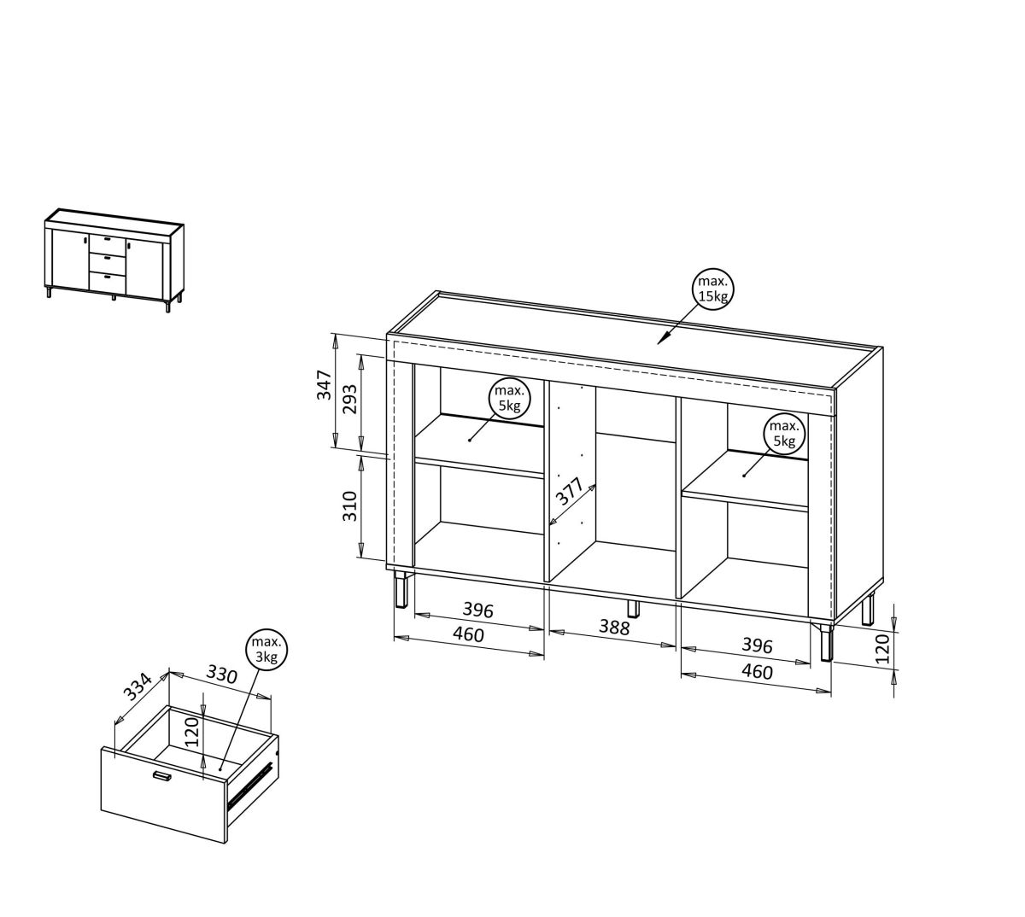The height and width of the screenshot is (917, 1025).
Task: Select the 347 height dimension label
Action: pos(324,385)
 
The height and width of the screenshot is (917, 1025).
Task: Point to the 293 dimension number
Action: pos(349,399)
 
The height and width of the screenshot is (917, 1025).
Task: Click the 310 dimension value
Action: pos(349,505)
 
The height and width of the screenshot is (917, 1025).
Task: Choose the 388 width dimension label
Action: pos(614,628)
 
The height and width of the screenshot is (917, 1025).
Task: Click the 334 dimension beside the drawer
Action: pos(138,686)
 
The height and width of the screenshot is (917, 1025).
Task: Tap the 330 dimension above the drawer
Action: pos(221,675)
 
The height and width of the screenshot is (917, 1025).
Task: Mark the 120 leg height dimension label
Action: pos(881,650)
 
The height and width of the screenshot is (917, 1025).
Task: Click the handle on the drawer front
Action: pos(162,775)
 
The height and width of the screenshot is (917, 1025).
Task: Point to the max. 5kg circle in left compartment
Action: pos(509,398)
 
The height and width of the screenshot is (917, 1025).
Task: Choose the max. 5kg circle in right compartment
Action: pos(783,434)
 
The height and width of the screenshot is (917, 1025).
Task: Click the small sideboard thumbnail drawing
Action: pos(114,260)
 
